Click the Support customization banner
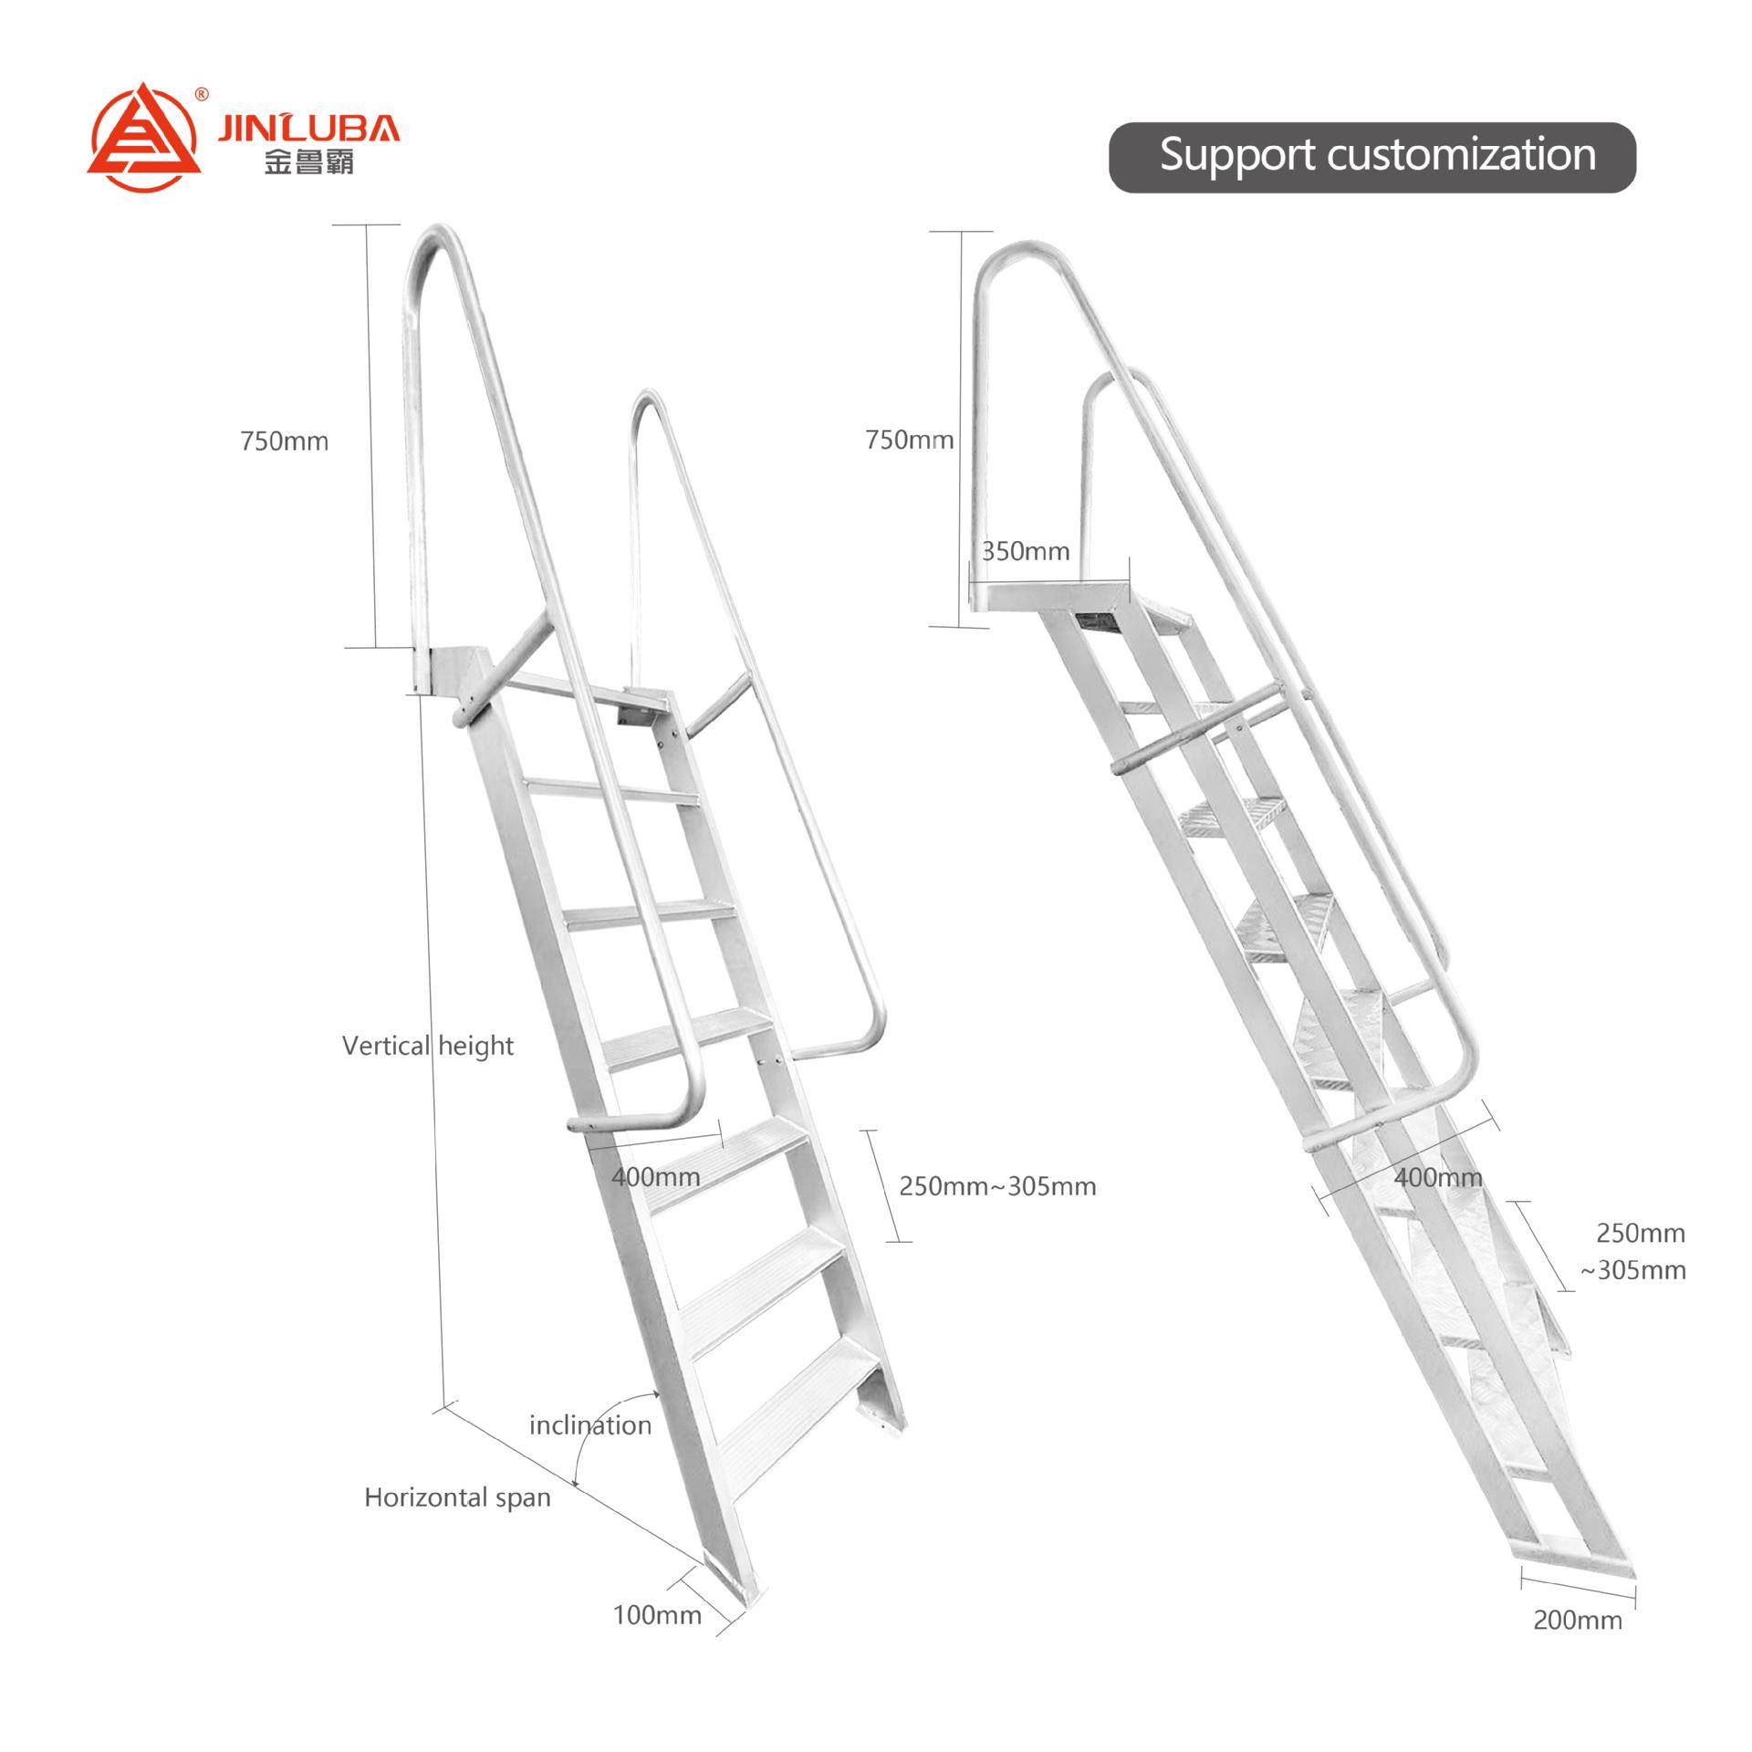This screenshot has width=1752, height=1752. [1371, 156]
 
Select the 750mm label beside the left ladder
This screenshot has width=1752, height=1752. [284, 442]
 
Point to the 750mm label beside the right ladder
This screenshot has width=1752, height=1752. [909, 440]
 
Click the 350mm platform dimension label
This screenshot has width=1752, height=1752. [1025, 551]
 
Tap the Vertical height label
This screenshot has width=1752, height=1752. [427, 1046]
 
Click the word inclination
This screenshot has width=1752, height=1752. [590, 1425]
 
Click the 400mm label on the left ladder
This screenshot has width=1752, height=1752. [656, 1177]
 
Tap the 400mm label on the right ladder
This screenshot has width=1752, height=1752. [1437, 1177]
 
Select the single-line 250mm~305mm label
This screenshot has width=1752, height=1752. [997, 1186]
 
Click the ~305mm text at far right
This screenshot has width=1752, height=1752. [1632, 1270]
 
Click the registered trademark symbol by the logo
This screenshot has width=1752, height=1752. [203, 93]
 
